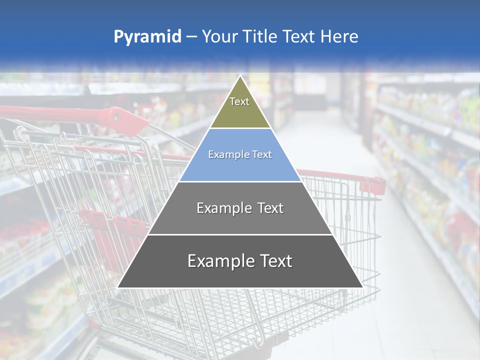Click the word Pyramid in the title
tap(147, 37)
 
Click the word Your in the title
tap(219, 37)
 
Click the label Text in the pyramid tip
tap(239, 101)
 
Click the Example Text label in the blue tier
tap(240, 155)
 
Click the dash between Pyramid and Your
tap(191, 37)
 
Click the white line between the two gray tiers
tap(240, 234)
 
